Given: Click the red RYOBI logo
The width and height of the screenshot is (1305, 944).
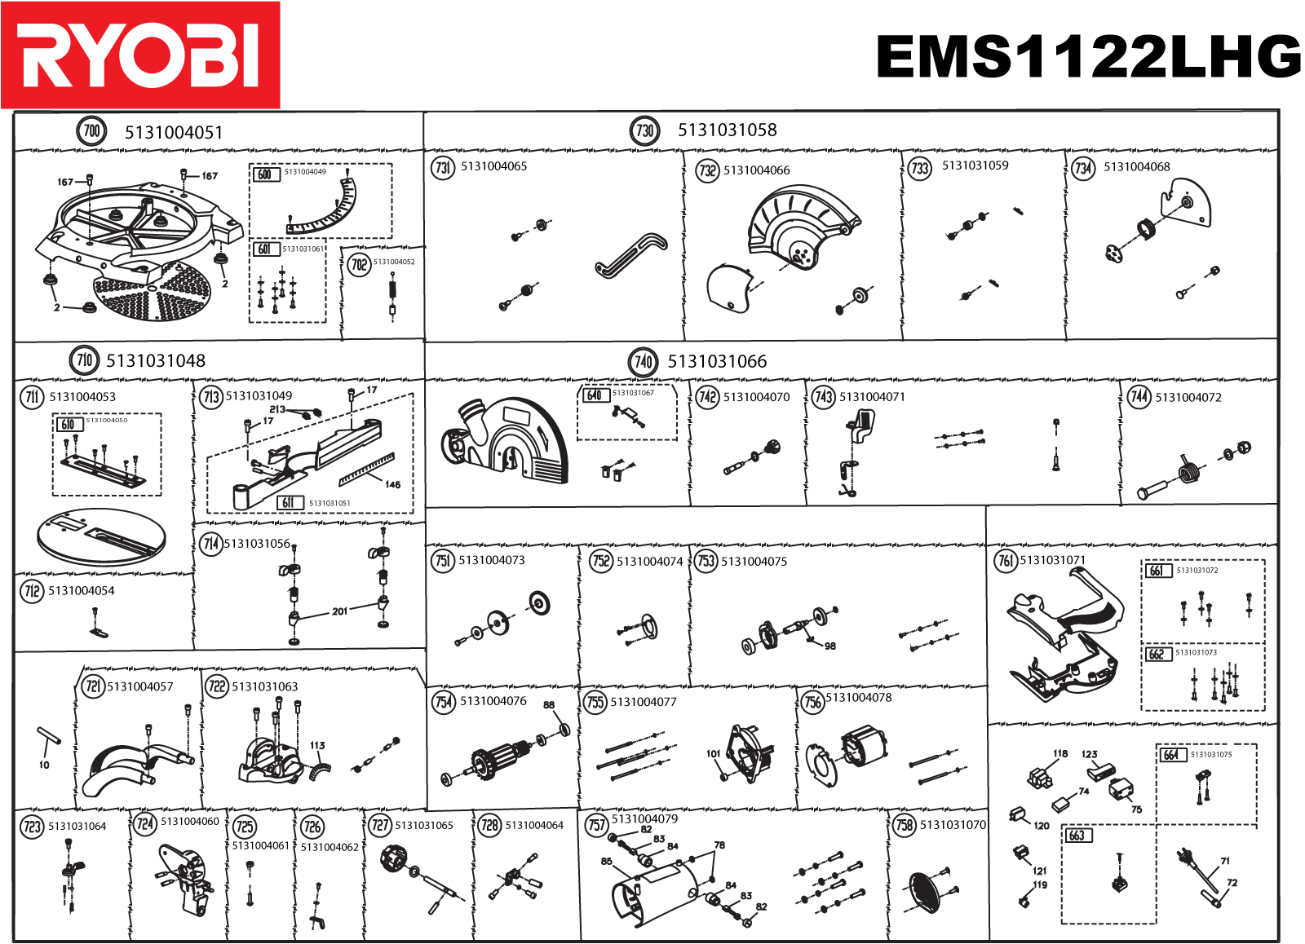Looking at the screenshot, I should pos(140,55).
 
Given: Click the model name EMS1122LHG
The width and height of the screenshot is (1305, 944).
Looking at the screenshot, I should pos(1088,57).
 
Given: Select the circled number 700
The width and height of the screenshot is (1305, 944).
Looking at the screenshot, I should pos(91,131).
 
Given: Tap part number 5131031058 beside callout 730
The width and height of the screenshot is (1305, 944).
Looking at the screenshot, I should pos(727,130).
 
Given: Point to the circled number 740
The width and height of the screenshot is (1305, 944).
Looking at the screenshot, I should pos(644,361).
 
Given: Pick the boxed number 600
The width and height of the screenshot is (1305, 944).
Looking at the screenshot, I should pos(265,174).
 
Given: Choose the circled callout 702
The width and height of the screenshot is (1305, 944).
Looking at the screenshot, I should pos(359,264).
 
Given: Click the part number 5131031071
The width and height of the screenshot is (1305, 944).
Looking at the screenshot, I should pos(1052,560).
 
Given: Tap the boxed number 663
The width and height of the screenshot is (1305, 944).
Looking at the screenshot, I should pos(1077,836).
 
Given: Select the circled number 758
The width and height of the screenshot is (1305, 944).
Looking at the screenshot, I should pos(905,825).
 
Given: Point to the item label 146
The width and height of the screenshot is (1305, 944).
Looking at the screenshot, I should pos(393,484).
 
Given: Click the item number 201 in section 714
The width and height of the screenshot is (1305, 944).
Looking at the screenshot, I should pos(339,611).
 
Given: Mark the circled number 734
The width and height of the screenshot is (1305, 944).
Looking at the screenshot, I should pos(1083,168).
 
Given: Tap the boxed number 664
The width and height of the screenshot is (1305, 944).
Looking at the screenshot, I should pos(1171,755).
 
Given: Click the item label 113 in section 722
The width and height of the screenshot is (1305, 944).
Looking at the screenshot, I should pos(317,745).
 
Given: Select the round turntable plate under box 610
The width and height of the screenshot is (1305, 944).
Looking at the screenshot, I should pos(101,535).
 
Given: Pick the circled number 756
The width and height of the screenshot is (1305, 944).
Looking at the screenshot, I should pos(813,701).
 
